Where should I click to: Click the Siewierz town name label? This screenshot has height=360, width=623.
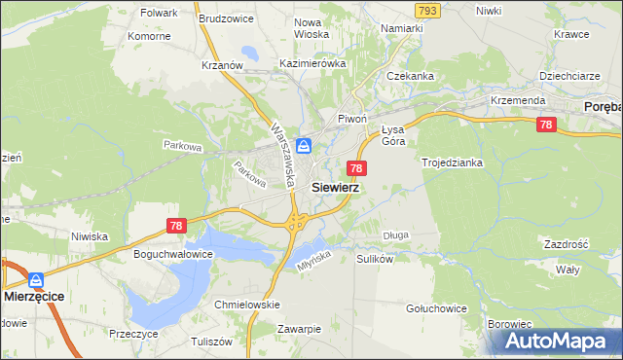point(335,189)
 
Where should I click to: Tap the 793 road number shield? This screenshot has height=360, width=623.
point(426,10)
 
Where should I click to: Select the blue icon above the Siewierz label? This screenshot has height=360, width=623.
point(305,146)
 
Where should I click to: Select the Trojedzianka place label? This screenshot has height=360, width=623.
point(452,162)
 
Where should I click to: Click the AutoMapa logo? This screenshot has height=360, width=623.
point(559,342)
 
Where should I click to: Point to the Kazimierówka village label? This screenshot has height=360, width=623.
point(312,63)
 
